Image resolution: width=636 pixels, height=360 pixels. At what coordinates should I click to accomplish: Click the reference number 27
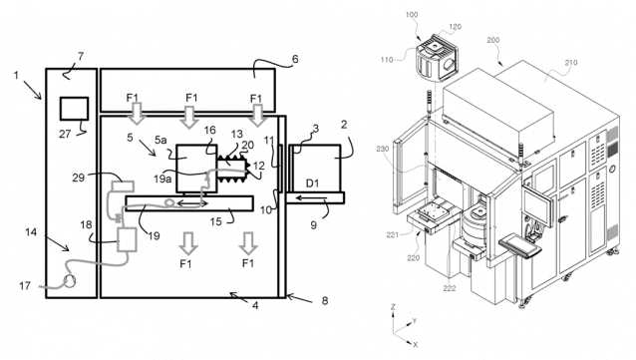coord(65,134)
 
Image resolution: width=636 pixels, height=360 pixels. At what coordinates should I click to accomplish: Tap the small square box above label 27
coord(74,109)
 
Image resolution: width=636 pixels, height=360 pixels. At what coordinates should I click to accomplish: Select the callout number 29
coord(79,178)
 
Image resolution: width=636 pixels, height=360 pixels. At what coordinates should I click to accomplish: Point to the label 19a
coord(162,179)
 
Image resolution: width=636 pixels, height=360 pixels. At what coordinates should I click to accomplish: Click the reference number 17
coord(25,286)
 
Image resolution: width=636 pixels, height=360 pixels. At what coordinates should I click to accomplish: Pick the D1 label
coord(312,183)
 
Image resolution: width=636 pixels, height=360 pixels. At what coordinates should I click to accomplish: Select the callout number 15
coord(215,221)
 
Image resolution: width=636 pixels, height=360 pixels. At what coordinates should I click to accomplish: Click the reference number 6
coord(295,59)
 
